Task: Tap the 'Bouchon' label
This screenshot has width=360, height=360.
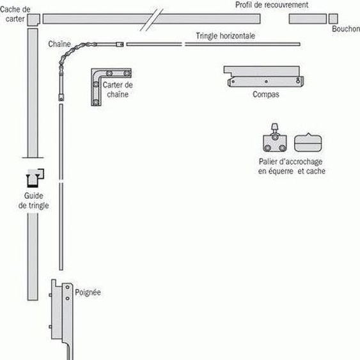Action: click(x=346, y=29)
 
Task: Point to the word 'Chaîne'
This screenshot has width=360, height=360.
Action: click(x=59, y=44)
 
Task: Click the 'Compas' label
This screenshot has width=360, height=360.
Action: click(x=264, y=94)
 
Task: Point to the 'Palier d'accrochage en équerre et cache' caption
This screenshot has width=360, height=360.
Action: click(x=292, y=166)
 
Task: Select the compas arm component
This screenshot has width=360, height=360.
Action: click(x=264, y=77)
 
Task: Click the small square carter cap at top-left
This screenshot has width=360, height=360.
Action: click(x=33, y=19)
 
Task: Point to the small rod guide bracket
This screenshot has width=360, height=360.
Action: click(x=35, y=175)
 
